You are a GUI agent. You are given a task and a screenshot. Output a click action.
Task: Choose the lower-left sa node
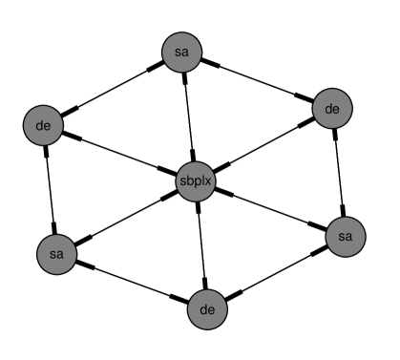click(56, 254)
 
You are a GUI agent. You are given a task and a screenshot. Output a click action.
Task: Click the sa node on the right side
click(345, 235)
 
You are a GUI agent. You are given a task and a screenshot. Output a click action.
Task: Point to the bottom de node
click(206, 308)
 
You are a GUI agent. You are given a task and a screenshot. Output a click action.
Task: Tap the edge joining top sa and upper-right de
click(257, 81)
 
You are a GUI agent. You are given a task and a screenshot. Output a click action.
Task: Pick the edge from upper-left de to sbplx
click(118, 152)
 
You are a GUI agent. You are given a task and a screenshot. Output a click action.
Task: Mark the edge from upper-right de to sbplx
click(263, 145)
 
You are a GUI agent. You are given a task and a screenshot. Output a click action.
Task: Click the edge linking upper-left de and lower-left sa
click(50, 188)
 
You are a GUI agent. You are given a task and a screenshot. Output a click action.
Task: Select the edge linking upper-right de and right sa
click(339, 172)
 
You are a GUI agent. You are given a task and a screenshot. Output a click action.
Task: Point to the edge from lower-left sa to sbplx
click(125, 218)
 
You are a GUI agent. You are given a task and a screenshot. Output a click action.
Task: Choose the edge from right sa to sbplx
click(269, 208)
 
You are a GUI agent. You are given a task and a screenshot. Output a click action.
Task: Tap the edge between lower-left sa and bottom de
click(131, 281)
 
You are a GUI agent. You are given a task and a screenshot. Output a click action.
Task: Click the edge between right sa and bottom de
click(275, 272)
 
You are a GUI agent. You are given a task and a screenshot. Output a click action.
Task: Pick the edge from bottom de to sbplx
click(200, 244)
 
